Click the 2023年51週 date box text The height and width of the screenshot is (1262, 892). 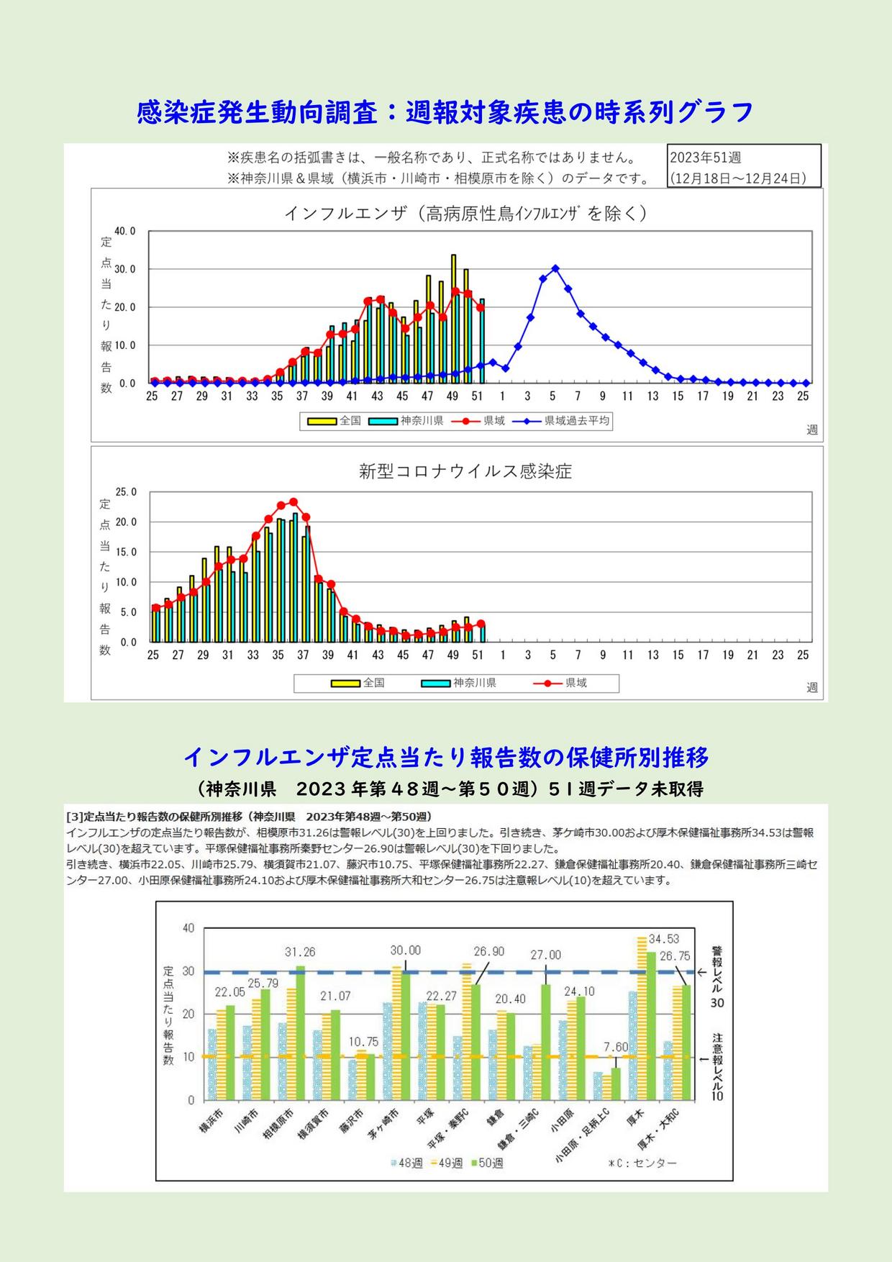tap(705, 158)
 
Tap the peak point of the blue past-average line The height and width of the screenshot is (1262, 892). tap(555, 268)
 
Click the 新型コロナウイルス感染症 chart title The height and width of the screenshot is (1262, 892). tap(465, 472)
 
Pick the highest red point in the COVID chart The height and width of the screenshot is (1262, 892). tap(293, 502)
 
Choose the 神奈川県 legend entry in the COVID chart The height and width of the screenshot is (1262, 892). tap(459, 683)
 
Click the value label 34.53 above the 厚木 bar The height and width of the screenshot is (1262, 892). tap(664, 939)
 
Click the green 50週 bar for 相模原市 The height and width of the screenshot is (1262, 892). tap(300, 1033)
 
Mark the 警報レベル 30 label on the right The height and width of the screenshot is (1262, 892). tap(717, 976)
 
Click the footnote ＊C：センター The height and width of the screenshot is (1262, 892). tap(642, 1163)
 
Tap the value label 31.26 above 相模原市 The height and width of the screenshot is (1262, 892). tap(300, 952)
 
